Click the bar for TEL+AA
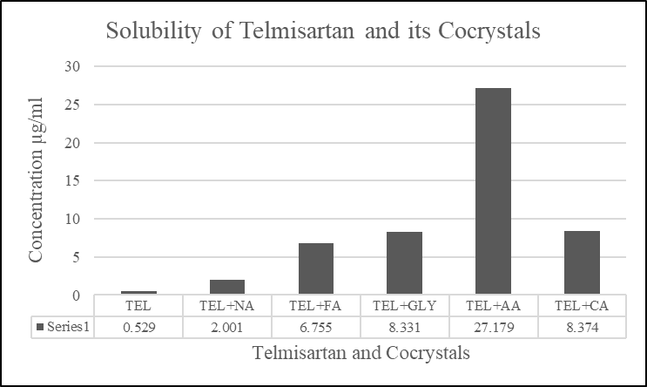tap(493, 191)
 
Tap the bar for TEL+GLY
tap(404, 263)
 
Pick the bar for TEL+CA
tap(582, 262)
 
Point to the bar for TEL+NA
tap(226, 287)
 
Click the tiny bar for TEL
tap(138, 292)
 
